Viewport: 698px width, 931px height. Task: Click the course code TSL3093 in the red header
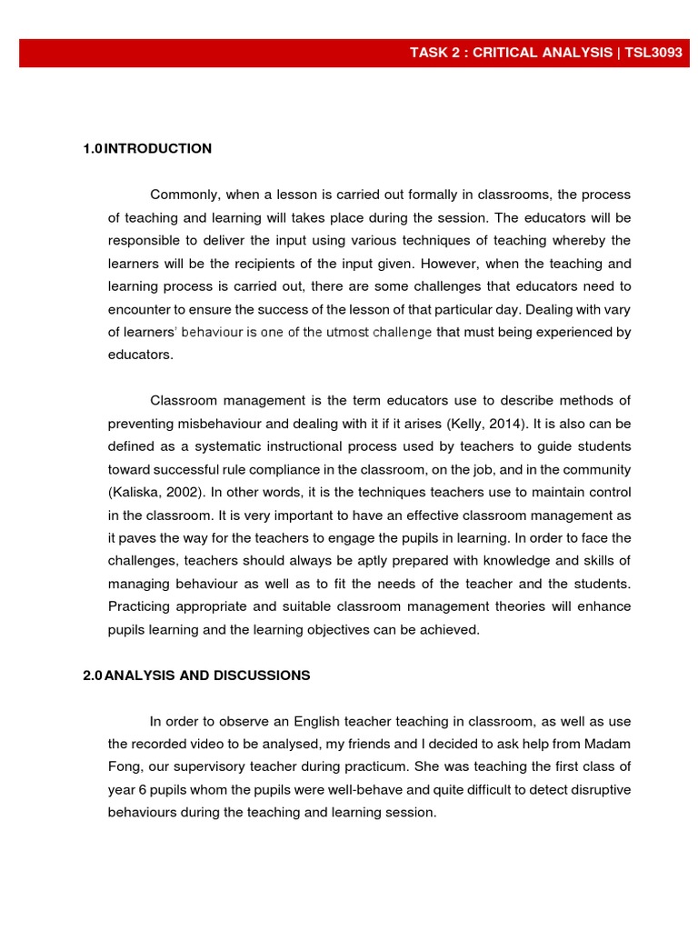click(x=652, y=53)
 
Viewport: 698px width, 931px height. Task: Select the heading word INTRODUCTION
click(x=158, y=148)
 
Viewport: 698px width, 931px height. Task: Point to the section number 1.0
click(x=92, y=148)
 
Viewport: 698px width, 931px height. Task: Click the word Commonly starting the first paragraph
click(x=184, y=195)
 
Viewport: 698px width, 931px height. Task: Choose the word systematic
click(x=214, y=446)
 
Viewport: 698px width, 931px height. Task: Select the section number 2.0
click(x=92, y=676)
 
